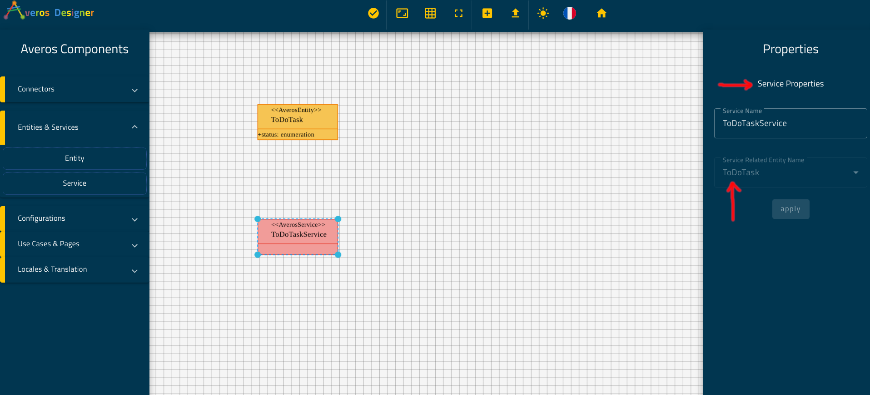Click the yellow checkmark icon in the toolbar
click(x=373, y=13)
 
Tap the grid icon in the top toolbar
click(x=430, y=13)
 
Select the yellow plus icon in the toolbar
click(x=487, y=13)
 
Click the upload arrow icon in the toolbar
click(x=515, y=13)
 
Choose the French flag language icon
click(x=570, y=13)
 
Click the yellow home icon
click(x=602, y=13)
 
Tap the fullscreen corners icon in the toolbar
click(x=458, y=13)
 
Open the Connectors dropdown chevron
click(x=134, y=90)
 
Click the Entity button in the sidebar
click(x=75, y=158)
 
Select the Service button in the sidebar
click(x=75, y=183)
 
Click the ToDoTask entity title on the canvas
click(x=287, y=120)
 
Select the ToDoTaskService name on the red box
click(x=298, y=234)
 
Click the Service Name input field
click(x=790, y=123)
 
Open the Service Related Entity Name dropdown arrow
click(x=856, y=172)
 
